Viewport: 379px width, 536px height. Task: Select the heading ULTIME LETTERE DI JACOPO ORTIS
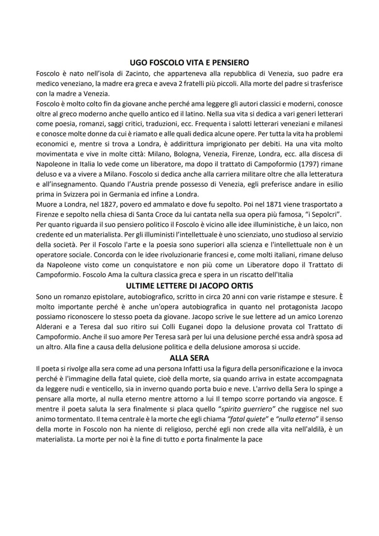189,286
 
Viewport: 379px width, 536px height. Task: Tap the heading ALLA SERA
189,358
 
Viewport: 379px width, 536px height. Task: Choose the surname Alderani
51,326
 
